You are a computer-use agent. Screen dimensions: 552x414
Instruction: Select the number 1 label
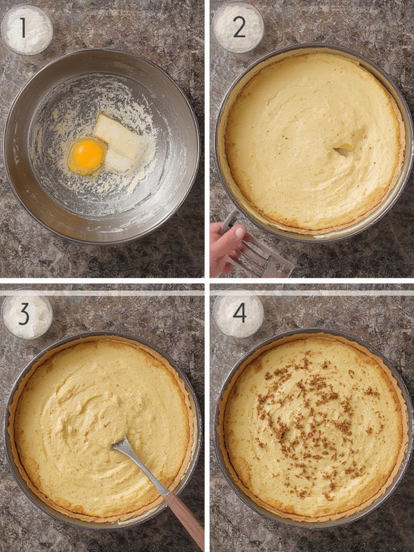click(23, 27)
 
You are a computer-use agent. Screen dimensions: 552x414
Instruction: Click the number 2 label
click(239, 27)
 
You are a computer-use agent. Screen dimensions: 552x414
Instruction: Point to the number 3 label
click(24, 314)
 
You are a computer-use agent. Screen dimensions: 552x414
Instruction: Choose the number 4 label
click(239, 313)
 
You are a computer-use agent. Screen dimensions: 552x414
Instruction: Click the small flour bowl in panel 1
click(27, 30)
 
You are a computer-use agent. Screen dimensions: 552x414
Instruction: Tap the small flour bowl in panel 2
click(238, 27)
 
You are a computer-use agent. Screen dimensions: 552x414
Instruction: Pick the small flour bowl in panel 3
click(27, 315)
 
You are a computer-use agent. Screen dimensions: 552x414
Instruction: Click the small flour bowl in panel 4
click(238, 314)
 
